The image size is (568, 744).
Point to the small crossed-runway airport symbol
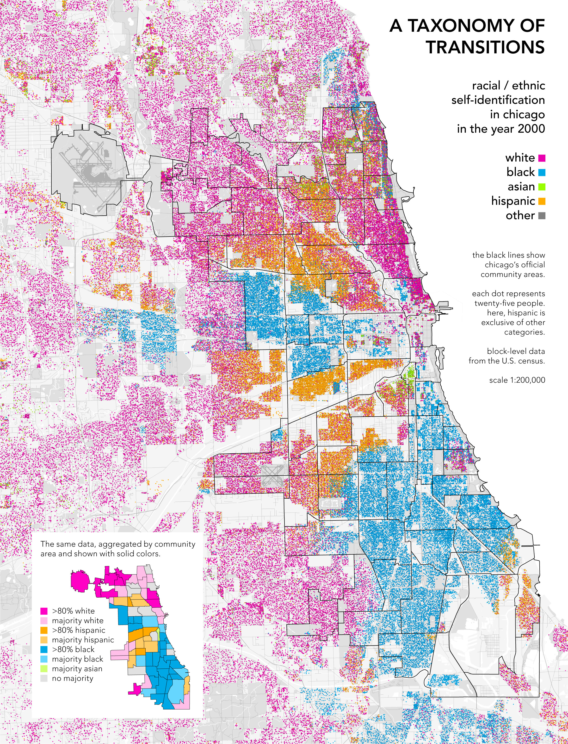tap(272, 475)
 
